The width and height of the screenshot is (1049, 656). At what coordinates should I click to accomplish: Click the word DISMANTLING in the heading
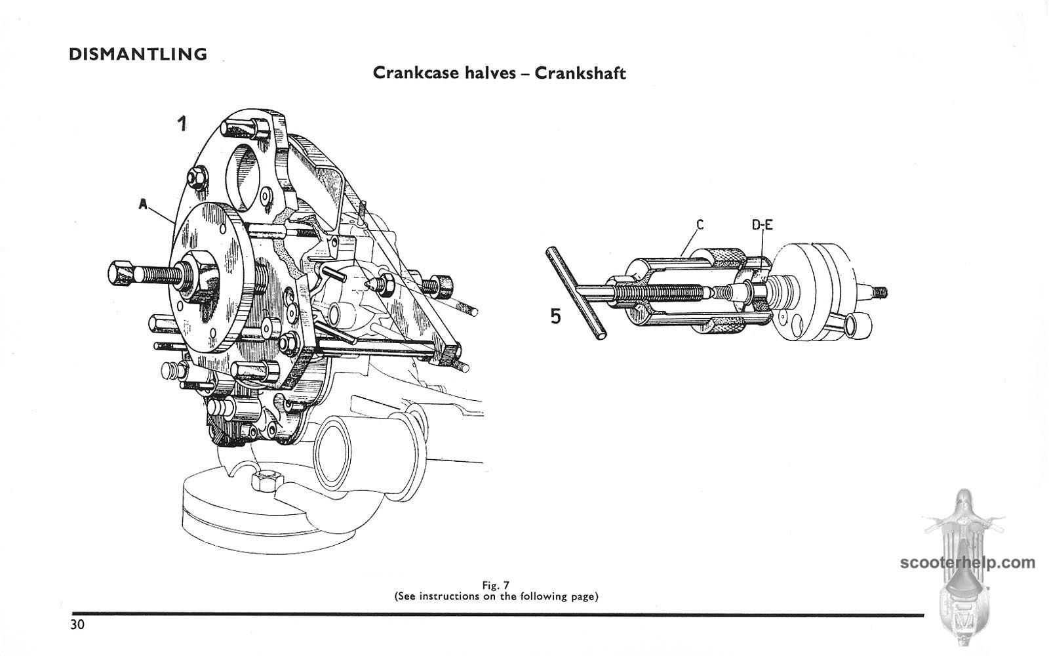point(138,54)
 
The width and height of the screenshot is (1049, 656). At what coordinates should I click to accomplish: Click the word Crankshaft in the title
point(580,73)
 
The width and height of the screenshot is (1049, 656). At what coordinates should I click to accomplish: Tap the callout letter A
point(144,205)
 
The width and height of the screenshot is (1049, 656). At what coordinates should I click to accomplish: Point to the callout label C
point(700,225)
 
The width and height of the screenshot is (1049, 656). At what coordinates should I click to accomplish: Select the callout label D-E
point(762,225)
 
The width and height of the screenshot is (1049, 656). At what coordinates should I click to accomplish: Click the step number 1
point(182,123)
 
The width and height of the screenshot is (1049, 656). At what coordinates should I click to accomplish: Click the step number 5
point(555,318)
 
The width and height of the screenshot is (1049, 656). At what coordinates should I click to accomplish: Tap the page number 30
point(77,625)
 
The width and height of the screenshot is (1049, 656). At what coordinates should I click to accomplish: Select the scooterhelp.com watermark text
point(968,562)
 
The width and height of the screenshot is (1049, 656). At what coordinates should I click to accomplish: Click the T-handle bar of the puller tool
point(576,293)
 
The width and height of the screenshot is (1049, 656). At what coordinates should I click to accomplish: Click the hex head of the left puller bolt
point(120,272)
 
